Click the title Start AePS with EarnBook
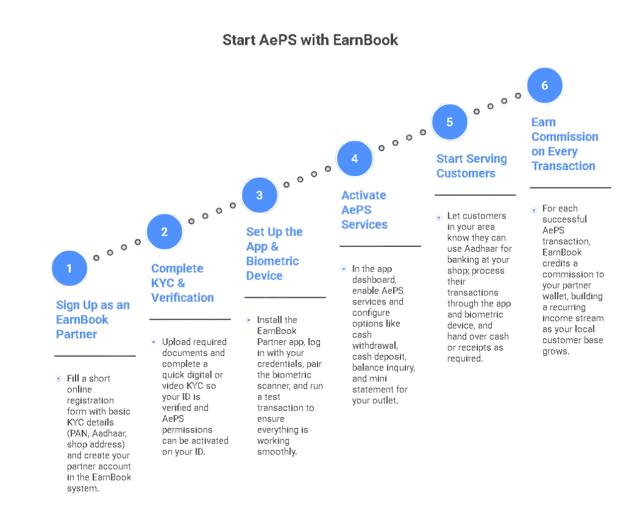[x=310, y=41]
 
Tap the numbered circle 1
[x=69, y=268]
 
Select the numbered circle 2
[x=165, y=232]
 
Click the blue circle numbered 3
[x=259, y=195]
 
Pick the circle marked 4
[x=354, y=158]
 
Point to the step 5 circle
[x=450, y=122]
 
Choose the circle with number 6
[x=545, y=85]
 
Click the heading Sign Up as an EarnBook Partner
[x=93, y=319]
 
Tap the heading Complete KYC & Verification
[x=182, y=283]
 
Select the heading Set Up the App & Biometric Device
[x=273, y=254]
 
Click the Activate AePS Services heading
[x=364, y=210]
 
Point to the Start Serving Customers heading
[x=472, y=166]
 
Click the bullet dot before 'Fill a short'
[x=58, y=379]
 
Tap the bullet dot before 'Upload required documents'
[x=154, y=342]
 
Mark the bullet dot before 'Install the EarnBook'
[x=248, y=320]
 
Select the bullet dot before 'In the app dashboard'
[x=343, y=269]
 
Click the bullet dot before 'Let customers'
[x=439, y=217]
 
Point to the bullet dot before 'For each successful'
[x=534, y=209]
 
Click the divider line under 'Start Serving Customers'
[x=475, y=195]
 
